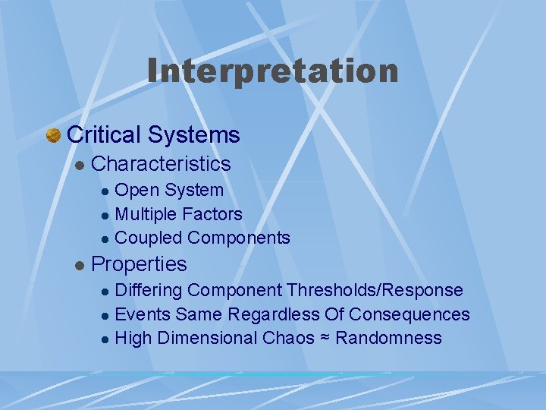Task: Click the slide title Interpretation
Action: tap(273, 71)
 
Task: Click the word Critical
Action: tap(105, 135)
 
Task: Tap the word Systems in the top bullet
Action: tap(194, 135)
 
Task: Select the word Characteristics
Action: tap(161, 164)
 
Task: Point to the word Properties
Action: tap(139, 264)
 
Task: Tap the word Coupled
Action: tap(149, 238)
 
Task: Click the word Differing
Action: tap(149, 291)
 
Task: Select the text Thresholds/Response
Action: tap(375, 290)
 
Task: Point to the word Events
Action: tap(143, 314)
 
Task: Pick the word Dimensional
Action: tap(206, 338)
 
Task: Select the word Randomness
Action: tap(388, 338)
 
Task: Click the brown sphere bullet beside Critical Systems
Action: tap(53, 136)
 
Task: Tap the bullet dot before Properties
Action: tap(79, 266)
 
